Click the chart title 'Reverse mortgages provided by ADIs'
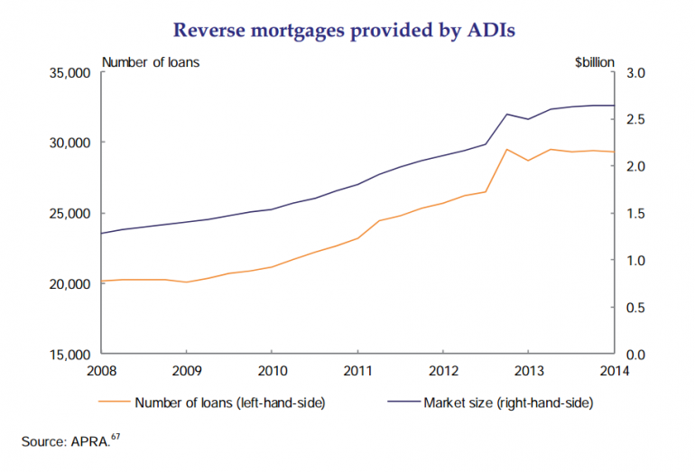(x=347, y=29)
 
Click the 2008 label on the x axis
(x=101, y=370)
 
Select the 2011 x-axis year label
(x=357, y=370)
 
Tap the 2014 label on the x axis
(x=614, y=370)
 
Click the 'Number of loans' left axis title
(x=152, y=62)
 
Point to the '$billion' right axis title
(x=593, y=62)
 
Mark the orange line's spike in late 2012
(x=507, y=149)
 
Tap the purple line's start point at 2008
(x=101, y=233)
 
